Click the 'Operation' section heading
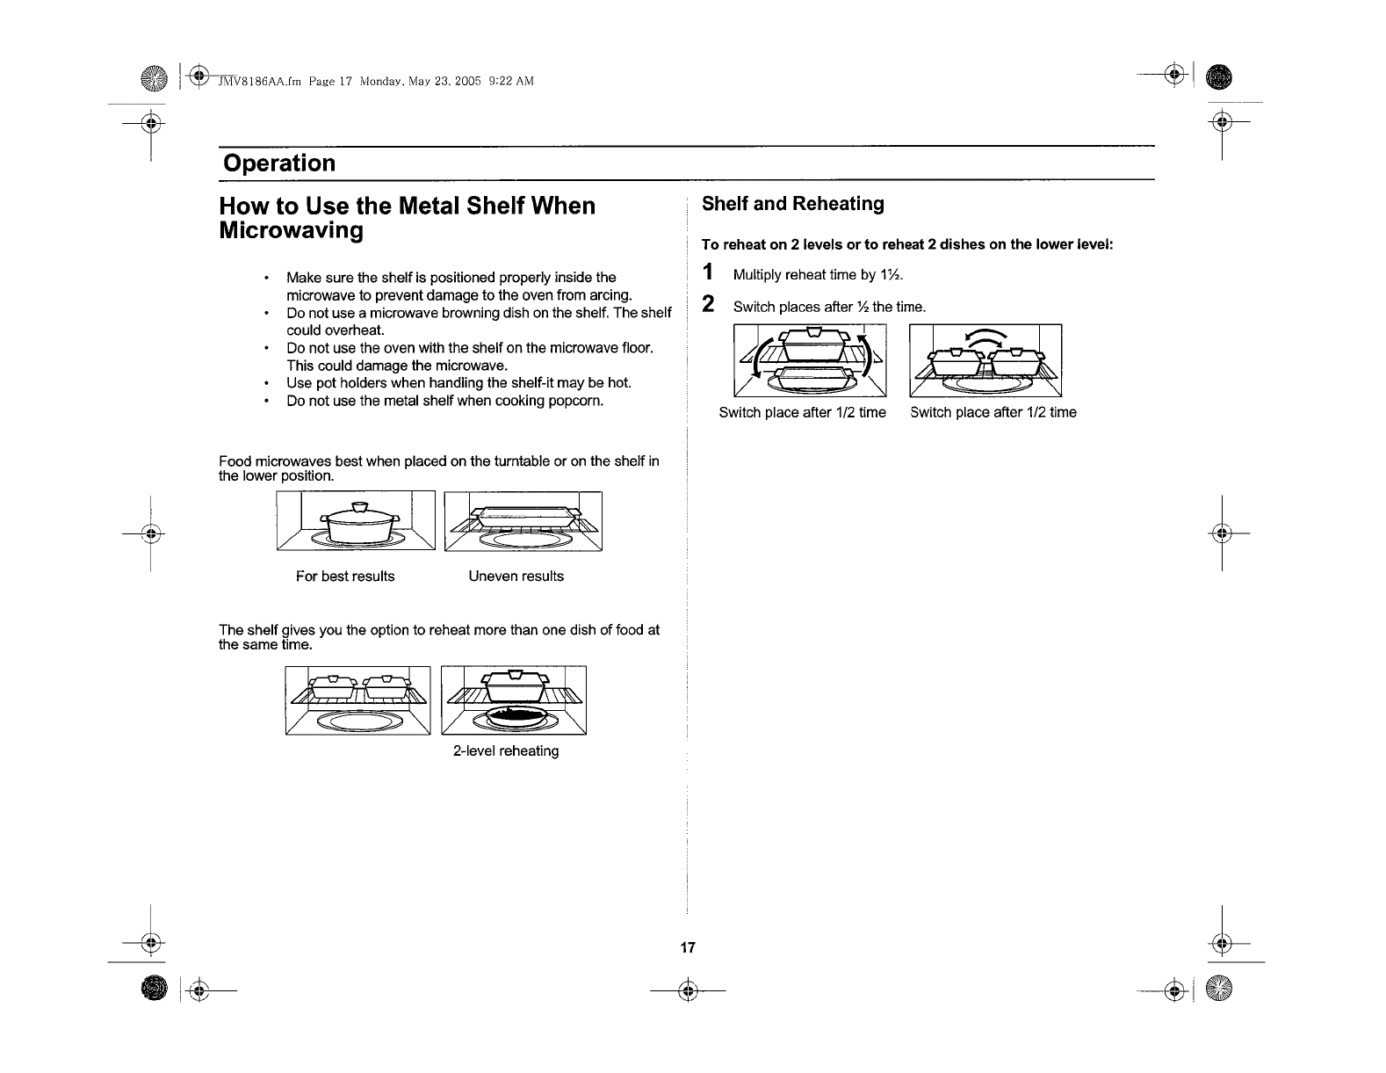point(278,163)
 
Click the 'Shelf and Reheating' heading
point(792,204)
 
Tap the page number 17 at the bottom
point(688,947)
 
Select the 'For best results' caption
point(345,576)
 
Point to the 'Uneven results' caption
point(516,576)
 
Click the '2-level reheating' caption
point(506,751)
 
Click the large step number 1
point(709,272)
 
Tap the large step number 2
point(709,304)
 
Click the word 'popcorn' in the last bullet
point(575,401)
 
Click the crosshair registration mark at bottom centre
point(688,991)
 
